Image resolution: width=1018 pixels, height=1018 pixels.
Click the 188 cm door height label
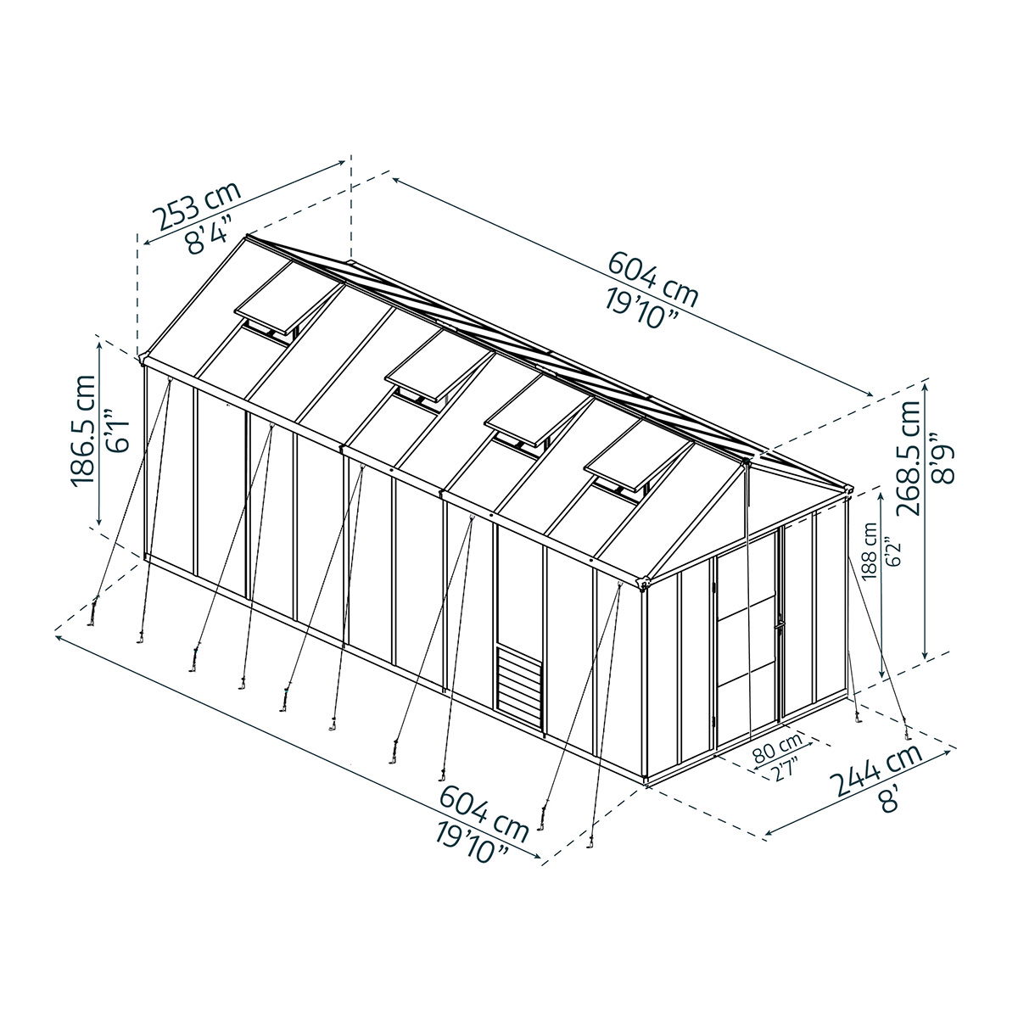tap(870, 551)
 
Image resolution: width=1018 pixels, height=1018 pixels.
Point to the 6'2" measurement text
tap(892, 552)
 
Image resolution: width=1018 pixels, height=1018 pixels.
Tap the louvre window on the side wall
tap(520, 689)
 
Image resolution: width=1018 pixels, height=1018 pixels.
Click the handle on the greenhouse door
tap(778, 624)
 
